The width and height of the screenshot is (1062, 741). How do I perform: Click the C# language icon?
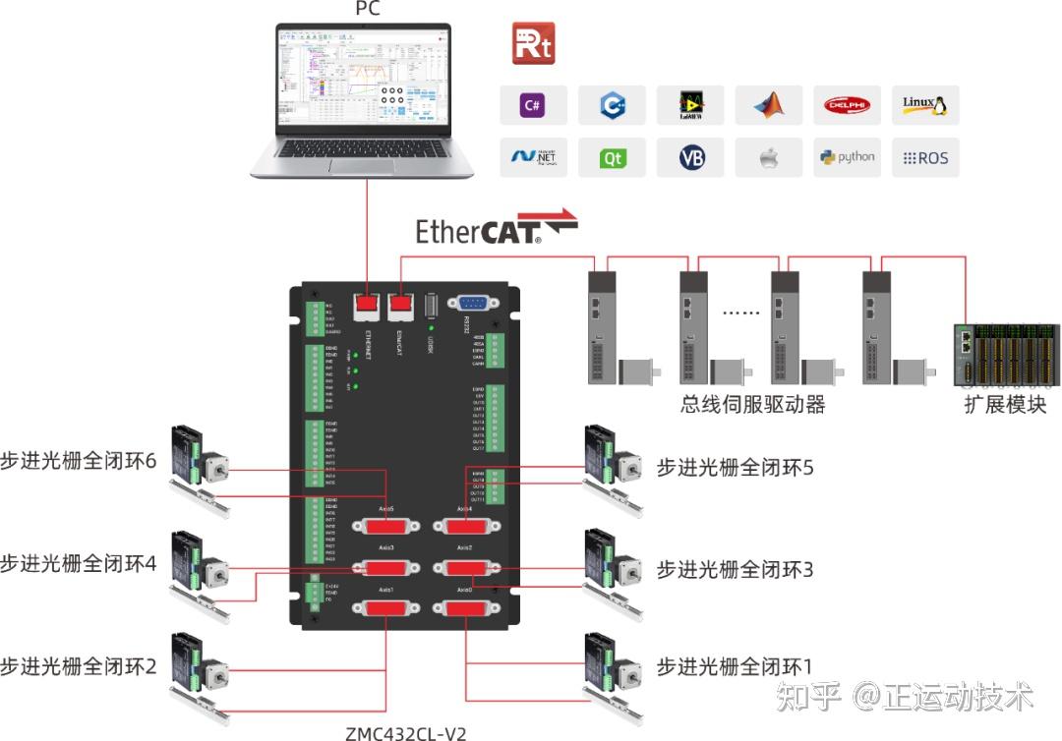533,104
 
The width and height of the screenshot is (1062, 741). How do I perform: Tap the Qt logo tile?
612,157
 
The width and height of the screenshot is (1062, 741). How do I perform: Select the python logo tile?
847,157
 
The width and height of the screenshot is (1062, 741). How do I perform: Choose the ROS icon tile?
925,157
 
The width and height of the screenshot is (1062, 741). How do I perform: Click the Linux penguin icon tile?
925,104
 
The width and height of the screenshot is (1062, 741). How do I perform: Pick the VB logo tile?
690,157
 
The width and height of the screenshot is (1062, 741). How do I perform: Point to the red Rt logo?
534,44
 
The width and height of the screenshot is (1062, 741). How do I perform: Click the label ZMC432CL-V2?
405,732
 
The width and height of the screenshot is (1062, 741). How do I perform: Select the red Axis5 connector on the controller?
384,526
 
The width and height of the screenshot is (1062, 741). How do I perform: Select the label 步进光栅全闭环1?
736,667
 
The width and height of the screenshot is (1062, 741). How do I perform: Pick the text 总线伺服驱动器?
752,404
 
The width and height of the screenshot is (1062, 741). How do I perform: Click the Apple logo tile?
769,157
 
